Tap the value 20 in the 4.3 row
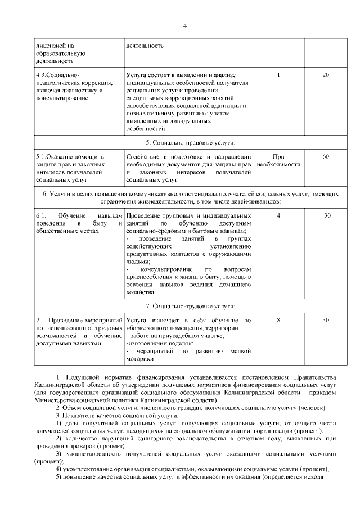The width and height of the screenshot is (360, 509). (326, 75)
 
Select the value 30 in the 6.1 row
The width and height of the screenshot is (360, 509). (326, 216)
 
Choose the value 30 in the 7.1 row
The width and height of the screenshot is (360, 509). (326, 320)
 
